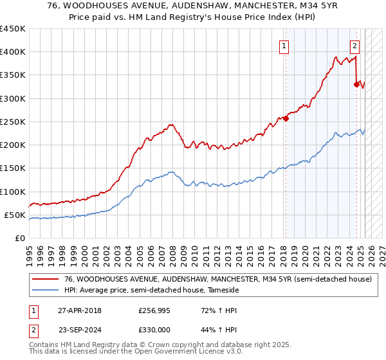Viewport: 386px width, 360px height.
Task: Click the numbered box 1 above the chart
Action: pyautogui.click(x=284, y=46)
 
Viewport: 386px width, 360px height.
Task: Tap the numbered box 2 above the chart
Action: pyautogui.click(x=354, y=46)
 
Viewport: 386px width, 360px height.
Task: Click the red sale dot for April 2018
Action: pyautogui.click(x=286, y=118)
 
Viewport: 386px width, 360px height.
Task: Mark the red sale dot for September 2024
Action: pyautogui.click(x=356, y=84)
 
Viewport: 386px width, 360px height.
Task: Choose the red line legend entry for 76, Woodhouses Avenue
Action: pyautogui.click(x=217, y=280)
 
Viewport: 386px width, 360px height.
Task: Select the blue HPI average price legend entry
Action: pyautogui.click(x=151, y=291)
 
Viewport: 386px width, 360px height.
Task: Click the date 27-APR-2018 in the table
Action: pyautogui.click(x=80, y=310)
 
